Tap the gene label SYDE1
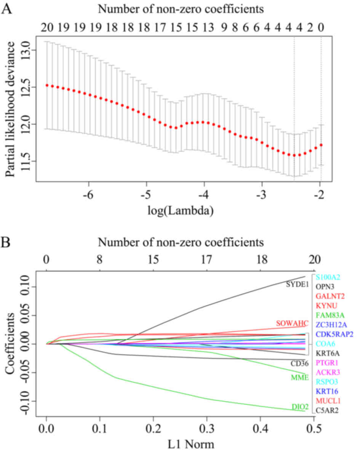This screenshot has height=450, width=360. (x=297, y=284)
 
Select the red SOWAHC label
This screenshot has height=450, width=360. (x=292, y=323)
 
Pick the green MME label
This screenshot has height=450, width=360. (x=299, y=377)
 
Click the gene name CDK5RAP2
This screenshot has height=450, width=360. (x=334, y=334)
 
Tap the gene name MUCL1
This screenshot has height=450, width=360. (x=327, y=401)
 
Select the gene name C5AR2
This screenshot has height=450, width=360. (x=326, y=410)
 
